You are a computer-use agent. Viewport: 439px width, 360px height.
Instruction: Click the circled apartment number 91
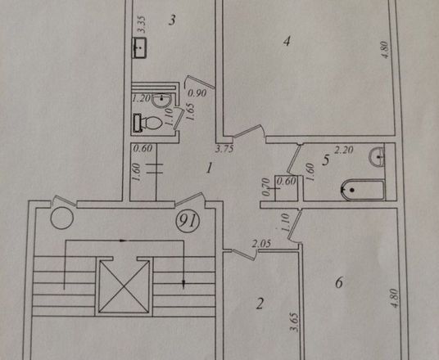point(188,222)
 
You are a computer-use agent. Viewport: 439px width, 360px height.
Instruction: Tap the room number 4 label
point(287,42)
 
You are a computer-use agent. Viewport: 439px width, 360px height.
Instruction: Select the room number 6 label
point(339,283)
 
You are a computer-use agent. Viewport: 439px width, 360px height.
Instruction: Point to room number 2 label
point(260,304)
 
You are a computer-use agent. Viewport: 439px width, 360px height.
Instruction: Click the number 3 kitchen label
point(172,20)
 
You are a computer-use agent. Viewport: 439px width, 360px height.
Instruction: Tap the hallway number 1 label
point(209,169)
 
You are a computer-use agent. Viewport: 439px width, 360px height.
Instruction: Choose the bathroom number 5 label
point(326,160)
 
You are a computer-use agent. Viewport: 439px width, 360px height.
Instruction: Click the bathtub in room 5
point(362,190)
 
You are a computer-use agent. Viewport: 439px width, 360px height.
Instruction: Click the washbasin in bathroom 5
point(377,157)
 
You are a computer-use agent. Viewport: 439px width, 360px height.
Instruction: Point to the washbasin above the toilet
point(162,100)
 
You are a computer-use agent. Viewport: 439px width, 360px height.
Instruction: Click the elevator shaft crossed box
point(124,286)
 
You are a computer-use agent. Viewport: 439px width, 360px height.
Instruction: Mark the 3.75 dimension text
point(224,149)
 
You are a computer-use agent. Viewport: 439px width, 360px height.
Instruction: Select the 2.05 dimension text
point(261,244)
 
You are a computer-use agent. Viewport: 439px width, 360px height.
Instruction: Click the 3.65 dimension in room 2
point(294,322)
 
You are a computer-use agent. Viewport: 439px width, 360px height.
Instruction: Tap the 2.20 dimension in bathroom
point(344,151)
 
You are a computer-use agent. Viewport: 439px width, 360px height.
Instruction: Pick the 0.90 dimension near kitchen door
point(197,93)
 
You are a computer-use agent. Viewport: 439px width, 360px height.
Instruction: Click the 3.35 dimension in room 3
point(143,24)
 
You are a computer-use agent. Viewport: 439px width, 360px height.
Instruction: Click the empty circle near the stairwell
point(62,218)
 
